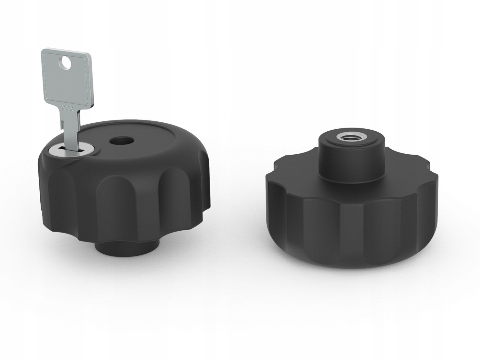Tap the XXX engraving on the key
point(68,108)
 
